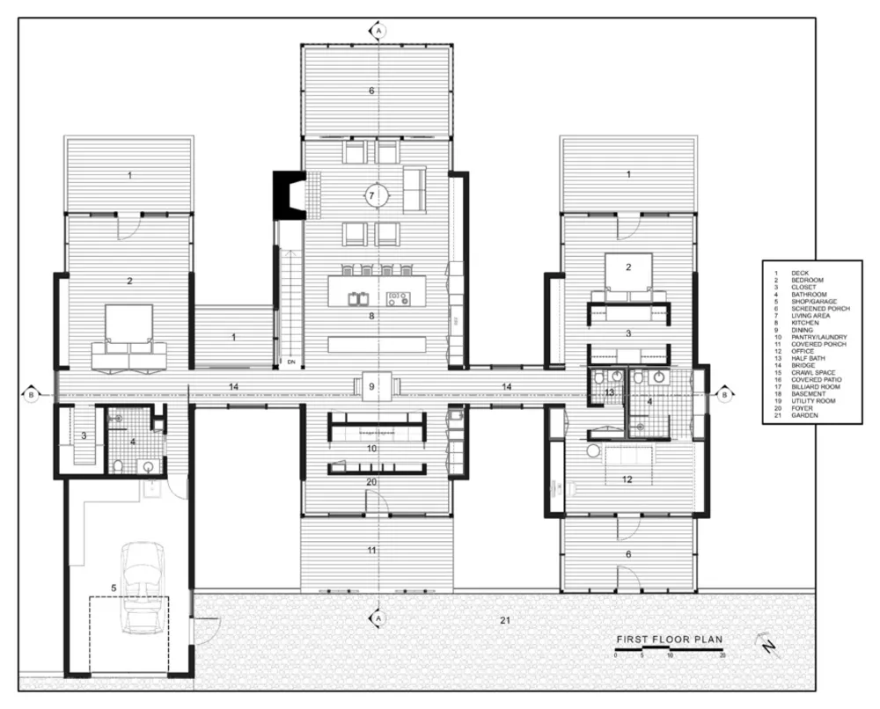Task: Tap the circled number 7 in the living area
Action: pos(372,195)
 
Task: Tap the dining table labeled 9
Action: pos(372,386)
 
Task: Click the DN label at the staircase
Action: pos(290,361)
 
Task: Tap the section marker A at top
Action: pos(378,31)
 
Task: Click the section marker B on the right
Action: pos(723,395)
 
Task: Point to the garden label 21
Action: pos(504,621)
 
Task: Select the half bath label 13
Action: pos(608,391)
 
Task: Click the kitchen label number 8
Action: pos(372,315)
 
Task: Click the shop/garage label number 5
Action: pos(113,586)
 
